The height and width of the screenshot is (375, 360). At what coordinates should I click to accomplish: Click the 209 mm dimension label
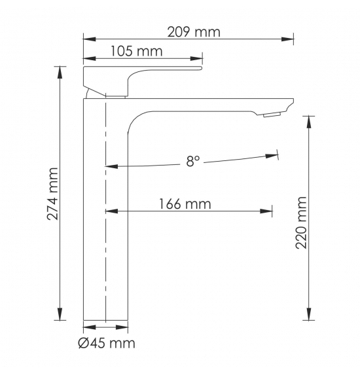pyautogui.click(x=194, y=32)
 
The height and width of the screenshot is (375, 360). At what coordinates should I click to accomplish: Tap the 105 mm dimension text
pyautogui.click(x=136, y=51)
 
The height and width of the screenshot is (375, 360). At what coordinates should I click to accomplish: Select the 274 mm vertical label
pyautogui.click(x=52, y=194)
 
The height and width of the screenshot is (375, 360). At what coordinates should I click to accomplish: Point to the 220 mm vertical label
pyautogui.click(x=301, y=223)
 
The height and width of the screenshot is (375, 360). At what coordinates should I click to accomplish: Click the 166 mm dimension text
pyautogui.click(x=185, y=204)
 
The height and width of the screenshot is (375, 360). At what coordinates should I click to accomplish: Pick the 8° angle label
pyautogui.click(x=193, y=161)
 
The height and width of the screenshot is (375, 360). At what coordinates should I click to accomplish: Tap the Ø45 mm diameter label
pyautogui.click(x=107, y=344)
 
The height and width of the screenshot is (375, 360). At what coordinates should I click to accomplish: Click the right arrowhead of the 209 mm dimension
pyautogui.click(x=287, y=39)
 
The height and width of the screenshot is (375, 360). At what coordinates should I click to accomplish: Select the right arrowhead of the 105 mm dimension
pyautogui.click(x=196, y=59)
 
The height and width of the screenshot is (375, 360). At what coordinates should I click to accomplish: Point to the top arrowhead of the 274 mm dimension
pyautogui.click(x=60, y=72)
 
